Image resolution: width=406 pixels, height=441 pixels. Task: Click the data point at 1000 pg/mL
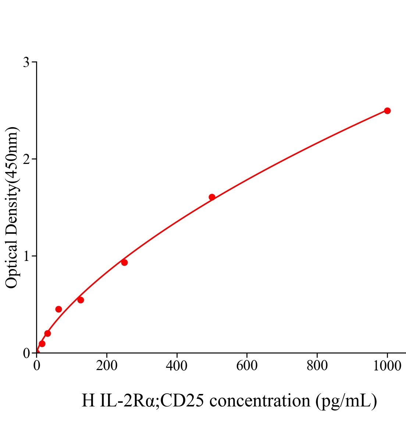(387, 111)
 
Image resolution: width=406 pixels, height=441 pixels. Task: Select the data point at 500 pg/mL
(212, 197)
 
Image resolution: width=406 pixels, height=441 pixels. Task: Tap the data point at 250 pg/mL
(124, 262)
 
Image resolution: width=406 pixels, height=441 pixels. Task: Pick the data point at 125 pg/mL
(81, 300)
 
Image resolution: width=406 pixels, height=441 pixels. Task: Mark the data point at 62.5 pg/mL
(58, 309)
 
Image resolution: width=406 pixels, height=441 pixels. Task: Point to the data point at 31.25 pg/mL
(47, 333)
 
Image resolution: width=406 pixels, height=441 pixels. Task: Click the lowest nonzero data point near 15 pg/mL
(42, 344)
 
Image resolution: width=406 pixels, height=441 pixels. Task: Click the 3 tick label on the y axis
(26, 62)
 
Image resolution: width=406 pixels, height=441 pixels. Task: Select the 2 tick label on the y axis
(26, 159)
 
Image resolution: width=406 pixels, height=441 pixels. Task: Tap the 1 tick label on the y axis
(26, 256)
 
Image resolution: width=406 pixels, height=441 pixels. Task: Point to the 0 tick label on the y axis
(26, 353)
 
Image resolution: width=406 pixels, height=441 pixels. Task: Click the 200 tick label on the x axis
(107, 366)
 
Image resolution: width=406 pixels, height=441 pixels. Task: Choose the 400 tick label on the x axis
(177, 366)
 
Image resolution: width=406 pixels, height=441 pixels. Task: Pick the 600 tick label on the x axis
(247, 366)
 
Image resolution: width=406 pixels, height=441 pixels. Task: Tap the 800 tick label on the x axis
(317, 366)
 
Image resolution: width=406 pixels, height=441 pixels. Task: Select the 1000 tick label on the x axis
(387, 366)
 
